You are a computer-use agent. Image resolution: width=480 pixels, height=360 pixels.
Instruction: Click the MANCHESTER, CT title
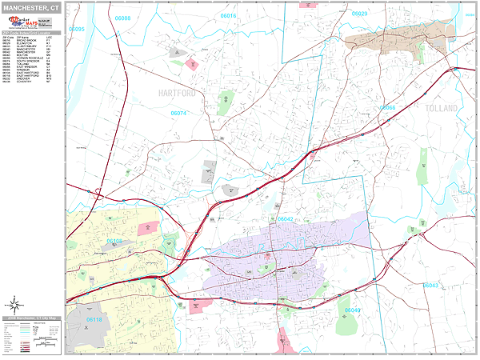pyautogui.click(x=32, y=7)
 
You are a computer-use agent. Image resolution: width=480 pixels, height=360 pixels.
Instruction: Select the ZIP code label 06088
pyautogui.click(x=122, y=16)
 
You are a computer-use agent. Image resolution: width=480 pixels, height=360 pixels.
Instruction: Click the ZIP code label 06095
pyautogui.click(x=77, y=29)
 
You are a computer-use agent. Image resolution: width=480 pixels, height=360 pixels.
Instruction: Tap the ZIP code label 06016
pyautogui.click(x=229, y=15)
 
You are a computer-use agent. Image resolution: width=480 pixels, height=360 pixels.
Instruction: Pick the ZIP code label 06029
pyautogui.click(x=359, y=14)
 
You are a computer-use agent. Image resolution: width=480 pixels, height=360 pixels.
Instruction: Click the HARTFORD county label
pyautogui.click(x=172, y=94)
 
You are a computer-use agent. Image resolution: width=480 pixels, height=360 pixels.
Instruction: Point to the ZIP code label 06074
pyautogui.click(x=178, y=114)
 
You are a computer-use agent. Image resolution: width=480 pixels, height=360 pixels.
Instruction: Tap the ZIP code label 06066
pyautogui.click(x=387, y=108)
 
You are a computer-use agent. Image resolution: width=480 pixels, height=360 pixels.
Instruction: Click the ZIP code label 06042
pyautogui.click(x=286, y=218)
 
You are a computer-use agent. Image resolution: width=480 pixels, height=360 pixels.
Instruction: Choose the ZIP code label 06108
pyautogui.click(x=115, y=240)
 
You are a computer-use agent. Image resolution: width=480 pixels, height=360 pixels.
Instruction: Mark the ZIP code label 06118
pyautogui.click(x=94, y=319)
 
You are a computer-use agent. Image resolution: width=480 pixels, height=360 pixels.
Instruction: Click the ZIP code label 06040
pyautogui.click(x=353, y=310)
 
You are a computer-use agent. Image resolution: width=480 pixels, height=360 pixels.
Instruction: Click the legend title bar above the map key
pyautogui.click(x=32, y=318)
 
